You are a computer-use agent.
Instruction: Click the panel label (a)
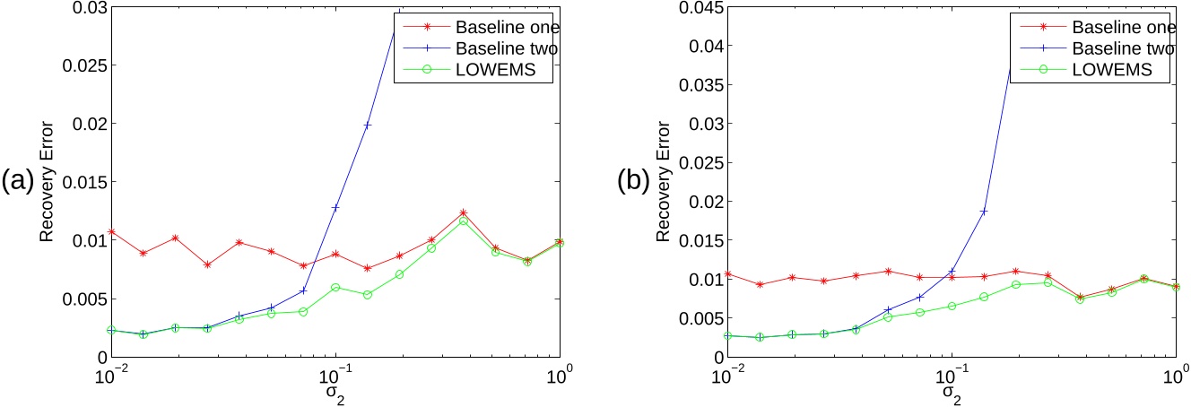pyautogui.click(x=18, y=183)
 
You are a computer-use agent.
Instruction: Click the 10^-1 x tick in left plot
pyautogui.click(x=335, y=372)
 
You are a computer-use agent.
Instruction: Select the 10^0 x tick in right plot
pyautogui.click(x=1174, y=372)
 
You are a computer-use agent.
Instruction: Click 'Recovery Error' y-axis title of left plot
pyautogui.click(x=46, y=183)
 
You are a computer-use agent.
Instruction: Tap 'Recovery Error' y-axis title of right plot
pyautogui.click(x=663, y=183)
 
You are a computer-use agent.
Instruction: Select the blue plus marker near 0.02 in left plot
pyautogui.click(x=367, y=126)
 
